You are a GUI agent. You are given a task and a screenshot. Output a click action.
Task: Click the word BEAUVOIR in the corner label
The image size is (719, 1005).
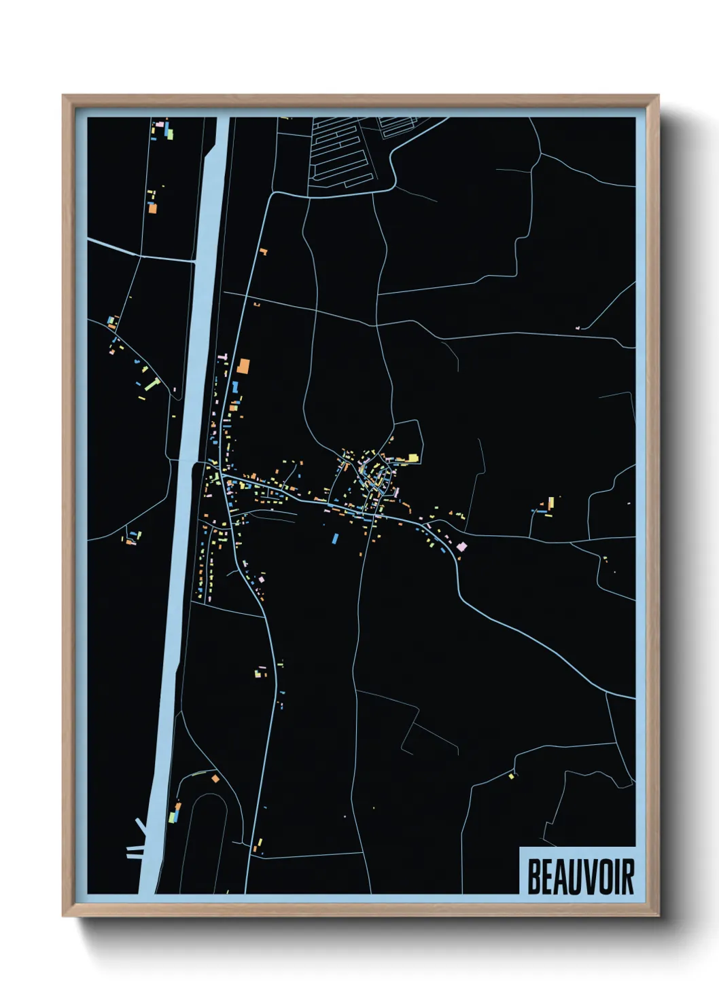pyautogui.click(x=580, y=877)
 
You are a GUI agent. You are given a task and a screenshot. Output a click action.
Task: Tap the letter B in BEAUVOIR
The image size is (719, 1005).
pyautogui.click(x=534, y=877)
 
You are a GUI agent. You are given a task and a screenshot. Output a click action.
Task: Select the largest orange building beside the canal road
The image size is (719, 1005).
pyautogui.click(x=243, y=367)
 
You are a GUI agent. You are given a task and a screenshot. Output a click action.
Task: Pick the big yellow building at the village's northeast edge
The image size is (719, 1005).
pyautogui.click(x=412, y=458)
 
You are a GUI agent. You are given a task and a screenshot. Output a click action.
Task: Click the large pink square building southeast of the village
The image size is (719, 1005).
pyautogui.click(x=461, y=546)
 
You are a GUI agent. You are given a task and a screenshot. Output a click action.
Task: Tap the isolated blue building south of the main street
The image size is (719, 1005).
pyautogui.click(x=335, y=538)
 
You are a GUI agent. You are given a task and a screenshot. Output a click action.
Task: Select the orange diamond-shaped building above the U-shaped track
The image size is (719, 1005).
pyautogui.click(x=215, y=778)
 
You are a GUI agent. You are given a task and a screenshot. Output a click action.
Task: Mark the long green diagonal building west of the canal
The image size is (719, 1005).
pyautogui.click(x=151, y=385)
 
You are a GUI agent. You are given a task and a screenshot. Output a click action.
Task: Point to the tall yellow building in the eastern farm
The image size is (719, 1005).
pyautogui.click(x=551, y=503)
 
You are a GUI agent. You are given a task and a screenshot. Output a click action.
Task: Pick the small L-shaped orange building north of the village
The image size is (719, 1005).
pyautogui.click(x=263, y=252)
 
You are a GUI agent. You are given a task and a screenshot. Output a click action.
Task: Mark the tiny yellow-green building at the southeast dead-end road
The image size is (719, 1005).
pyautogui.click(x=511, y=775)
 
